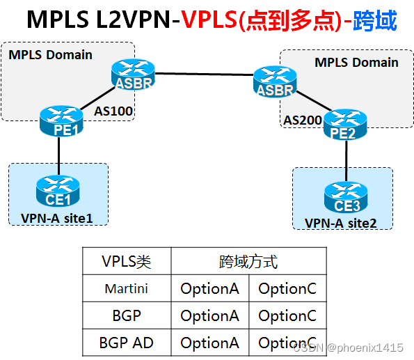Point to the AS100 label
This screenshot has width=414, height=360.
[x=114, y=110]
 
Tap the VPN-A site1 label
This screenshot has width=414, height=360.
[x=56, y=219]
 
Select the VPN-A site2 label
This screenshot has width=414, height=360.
[x=340, y=223]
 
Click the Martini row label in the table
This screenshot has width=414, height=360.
[x=127, y=288]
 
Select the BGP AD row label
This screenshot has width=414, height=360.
[x=127, y=343]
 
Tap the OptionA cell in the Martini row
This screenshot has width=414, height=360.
[x=209, y=288]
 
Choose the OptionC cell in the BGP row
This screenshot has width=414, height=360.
[x=287, y=315]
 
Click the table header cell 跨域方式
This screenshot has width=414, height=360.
[x=248, y=262]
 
